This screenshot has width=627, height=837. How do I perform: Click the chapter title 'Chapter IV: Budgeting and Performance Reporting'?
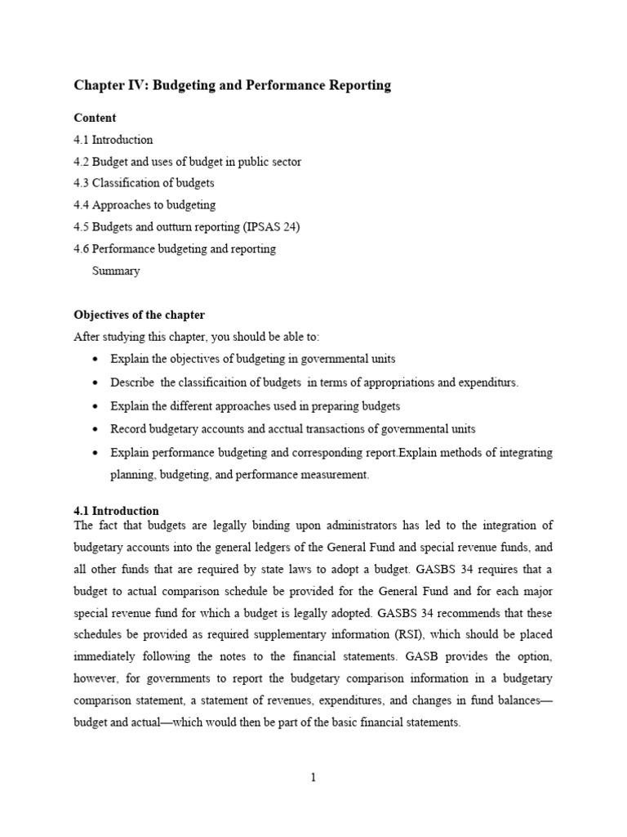tap(233, 85)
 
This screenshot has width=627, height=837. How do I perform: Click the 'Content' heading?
tap(95, 118)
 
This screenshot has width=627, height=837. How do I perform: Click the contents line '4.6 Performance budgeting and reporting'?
tap(175, 248)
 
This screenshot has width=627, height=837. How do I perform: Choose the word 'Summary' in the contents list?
tap(116, 271)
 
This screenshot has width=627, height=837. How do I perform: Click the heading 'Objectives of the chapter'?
tap(140, 315)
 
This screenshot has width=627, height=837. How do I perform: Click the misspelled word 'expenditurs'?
tap(489, 383)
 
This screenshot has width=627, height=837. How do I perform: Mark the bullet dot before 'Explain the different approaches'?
tap(96, 406)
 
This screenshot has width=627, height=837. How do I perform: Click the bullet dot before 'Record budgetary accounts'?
tap(96, 429)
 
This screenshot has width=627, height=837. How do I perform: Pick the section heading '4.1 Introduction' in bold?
tap(116, 511)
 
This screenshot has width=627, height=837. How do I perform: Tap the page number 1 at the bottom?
tap(313, 777)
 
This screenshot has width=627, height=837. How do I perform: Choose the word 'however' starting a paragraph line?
tap(95, 678)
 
